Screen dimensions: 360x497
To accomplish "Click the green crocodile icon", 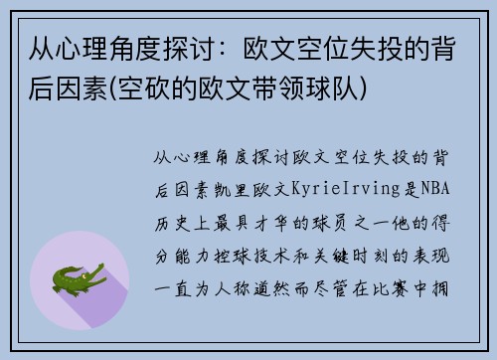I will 78,279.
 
